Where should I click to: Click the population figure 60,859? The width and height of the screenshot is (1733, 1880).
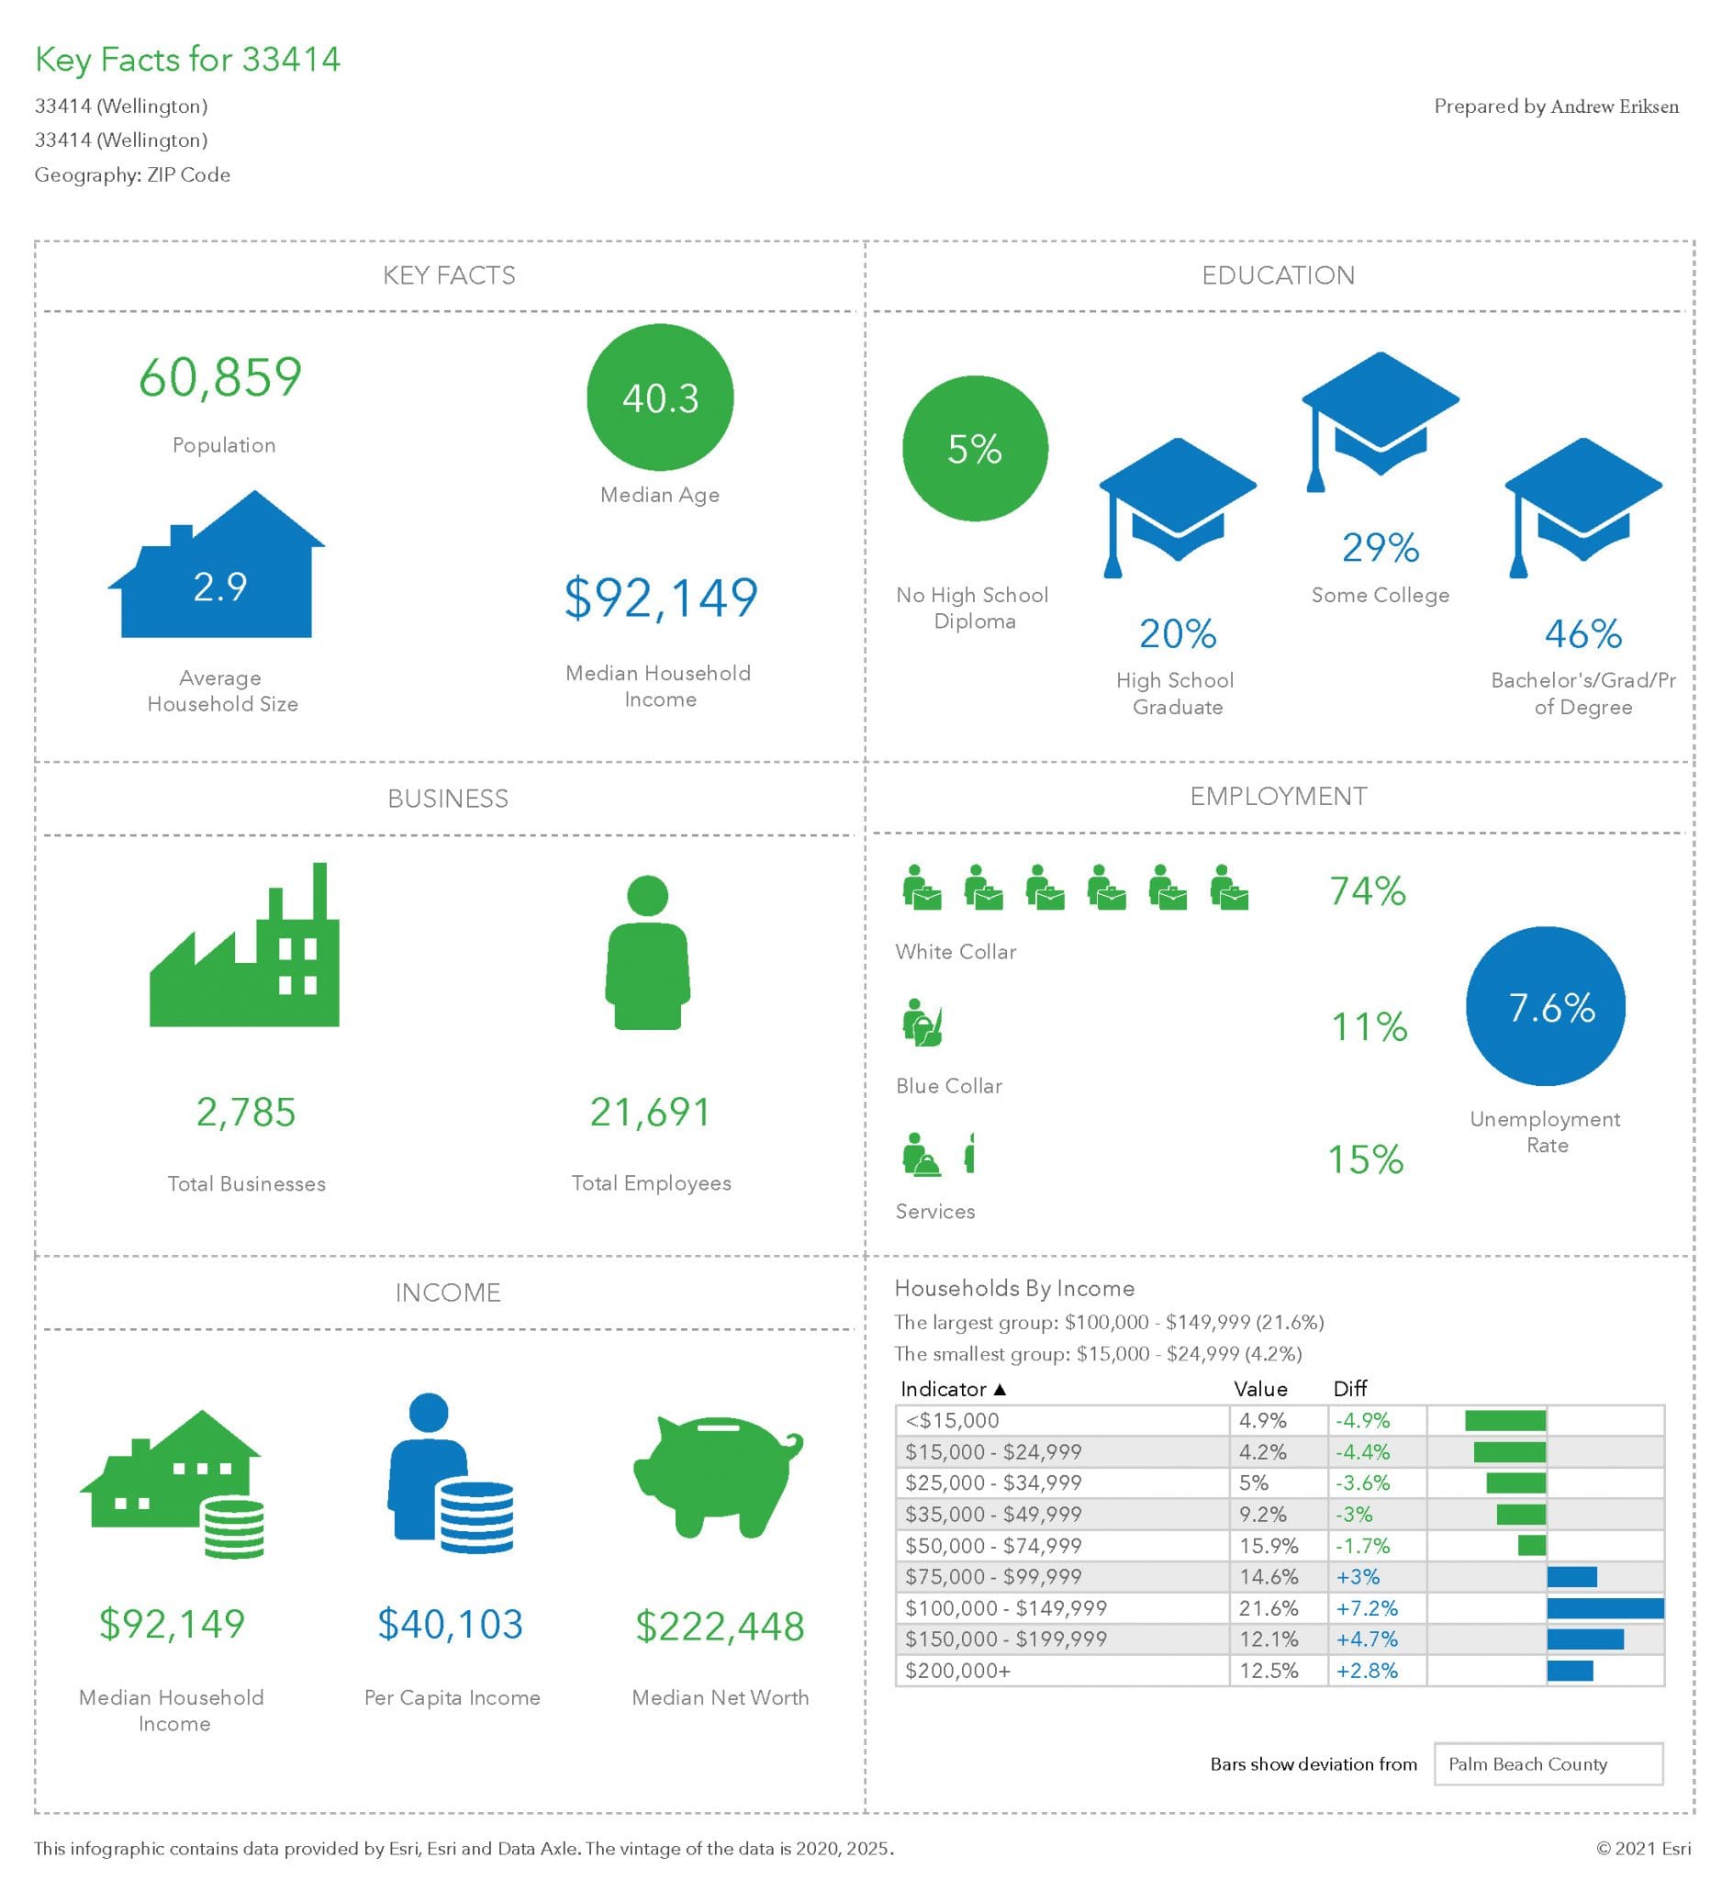pyautogui.click(x=220, y=378)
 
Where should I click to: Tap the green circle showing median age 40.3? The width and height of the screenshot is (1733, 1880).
pyautogui.click(x=660, y=397)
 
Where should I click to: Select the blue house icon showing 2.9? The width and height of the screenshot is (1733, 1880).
pyautogui.click(x=218, y=572)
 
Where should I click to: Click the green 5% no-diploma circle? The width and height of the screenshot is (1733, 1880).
pyautogui.click(x=974, y=448)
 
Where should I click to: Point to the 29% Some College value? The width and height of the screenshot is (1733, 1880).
pyautogui.click(x=1380, y=548)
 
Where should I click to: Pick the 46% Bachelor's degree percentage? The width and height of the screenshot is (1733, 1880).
pyautogui.click(x=1583, y=633)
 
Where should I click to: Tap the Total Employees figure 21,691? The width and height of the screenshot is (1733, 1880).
pyautogui.click(x=650, y=1112)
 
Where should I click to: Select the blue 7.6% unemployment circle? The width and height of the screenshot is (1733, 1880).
pyautogui.click(x=1546, y=1007)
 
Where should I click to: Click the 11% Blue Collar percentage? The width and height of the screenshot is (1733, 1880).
pyautogui.click(x=1370, y=1026)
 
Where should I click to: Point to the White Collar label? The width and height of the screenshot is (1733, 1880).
pyautogui.click(x=956, y=952)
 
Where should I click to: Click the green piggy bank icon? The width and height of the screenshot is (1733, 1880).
pyautogui.click(x=718, y=1475)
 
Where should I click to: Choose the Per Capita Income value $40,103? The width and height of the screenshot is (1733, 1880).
pyautogui.click(x=450, y=1624)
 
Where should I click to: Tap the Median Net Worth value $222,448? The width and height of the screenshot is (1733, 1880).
pyautogui.click(x=720, y=1626)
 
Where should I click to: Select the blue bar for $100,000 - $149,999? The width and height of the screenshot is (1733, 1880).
pyautogui.click(x=1604, y=1608)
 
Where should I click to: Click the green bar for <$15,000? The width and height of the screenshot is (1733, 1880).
pyautogui.click(x=1505, y=1420)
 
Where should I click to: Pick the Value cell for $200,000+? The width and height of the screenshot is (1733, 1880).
pyautogui.click(x=1268, y=1670)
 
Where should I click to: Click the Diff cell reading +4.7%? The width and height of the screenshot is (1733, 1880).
pyautogui.click(x=1367, y=1639)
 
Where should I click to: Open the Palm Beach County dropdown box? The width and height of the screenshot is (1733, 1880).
pyautogui.click(x=1548, y=1763)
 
